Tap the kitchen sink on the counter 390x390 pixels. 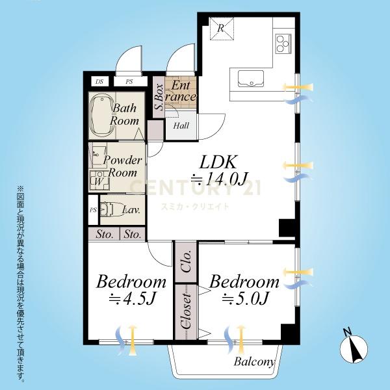[251, 79]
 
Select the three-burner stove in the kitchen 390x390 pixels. [283, 44]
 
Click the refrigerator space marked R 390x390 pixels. [222, 29]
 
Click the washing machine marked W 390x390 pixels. [99, 181]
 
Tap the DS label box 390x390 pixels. [99, 82]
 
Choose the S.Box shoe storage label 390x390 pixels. [159, 97]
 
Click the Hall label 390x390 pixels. [181, 125]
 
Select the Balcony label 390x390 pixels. [254, 361]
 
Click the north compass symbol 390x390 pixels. [354, 348]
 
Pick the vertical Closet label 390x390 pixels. [187, 311]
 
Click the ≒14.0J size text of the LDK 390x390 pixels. [219, 179]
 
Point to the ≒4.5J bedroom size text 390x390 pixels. [132, 299]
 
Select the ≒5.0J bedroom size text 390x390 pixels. [245, 298]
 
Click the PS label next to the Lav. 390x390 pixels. [93, 211]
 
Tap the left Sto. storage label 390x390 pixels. [105, 234]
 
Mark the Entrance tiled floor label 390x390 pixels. [181, 91]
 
